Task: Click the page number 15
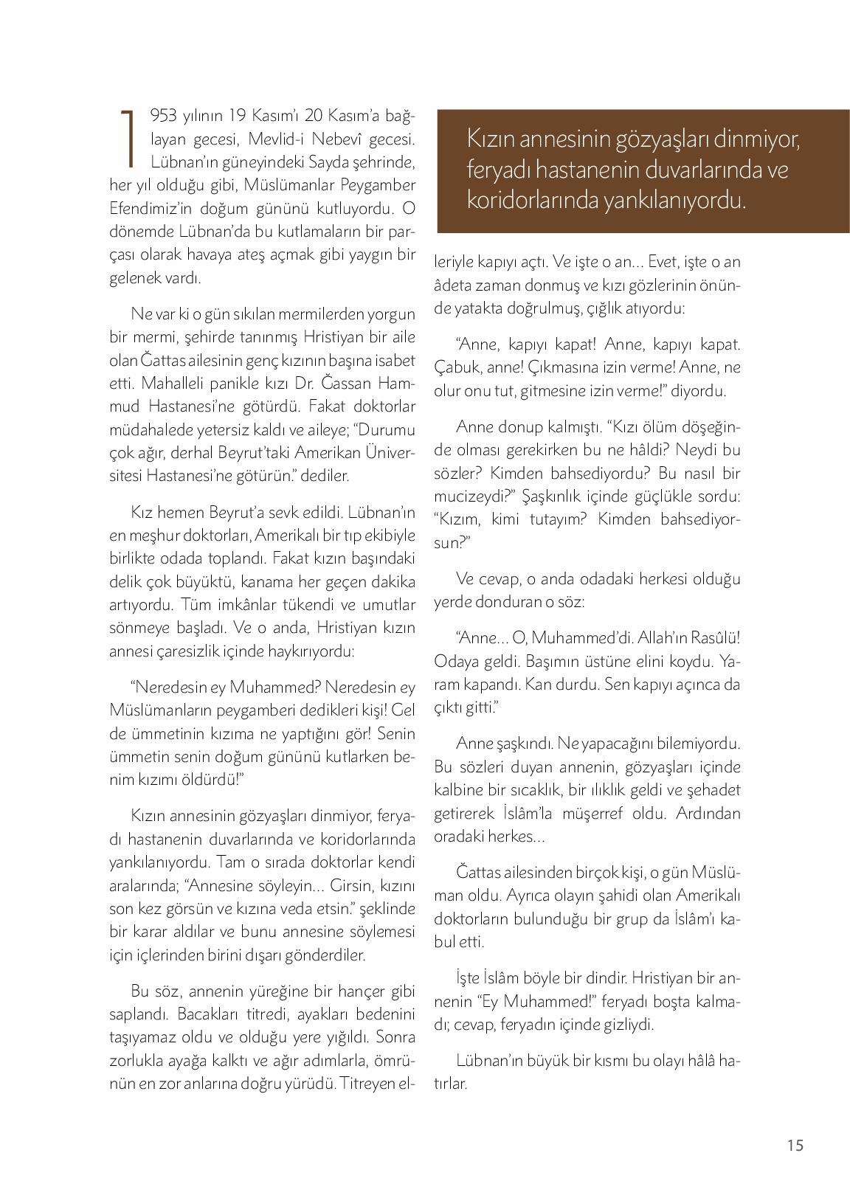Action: (795, 1146)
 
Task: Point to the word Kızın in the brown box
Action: (490, 139)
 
